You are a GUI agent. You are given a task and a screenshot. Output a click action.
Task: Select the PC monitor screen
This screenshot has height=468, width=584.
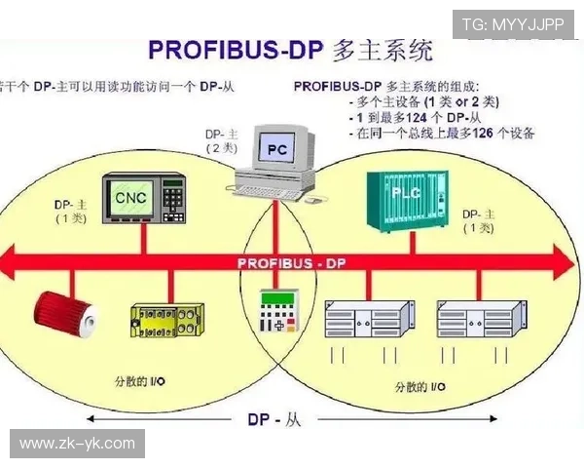[276, 149]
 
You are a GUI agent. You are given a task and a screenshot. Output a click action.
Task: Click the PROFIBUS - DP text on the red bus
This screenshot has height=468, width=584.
[291, 263]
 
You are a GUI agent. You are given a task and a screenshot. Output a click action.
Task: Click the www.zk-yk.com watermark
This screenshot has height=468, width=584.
[77, 445]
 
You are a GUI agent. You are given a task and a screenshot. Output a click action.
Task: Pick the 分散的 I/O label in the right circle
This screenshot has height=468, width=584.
[420, 386]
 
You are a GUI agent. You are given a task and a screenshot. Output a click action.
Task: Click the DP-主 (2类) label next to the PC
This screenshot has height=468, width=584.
[221, 139]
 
